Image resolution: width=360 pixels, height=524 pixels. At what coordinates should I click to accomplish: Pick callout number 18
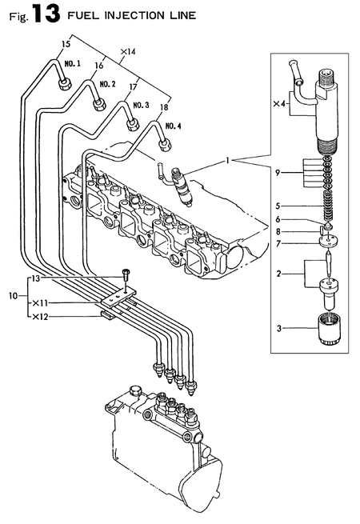(x=163, y=106)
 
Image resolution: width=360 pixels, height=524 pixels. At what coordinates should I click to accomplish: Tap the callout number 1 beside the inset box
(x=229, y=162)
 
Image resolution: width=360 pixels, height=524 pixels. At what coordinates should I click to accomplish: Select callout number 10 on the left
(x=11, y=295)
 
